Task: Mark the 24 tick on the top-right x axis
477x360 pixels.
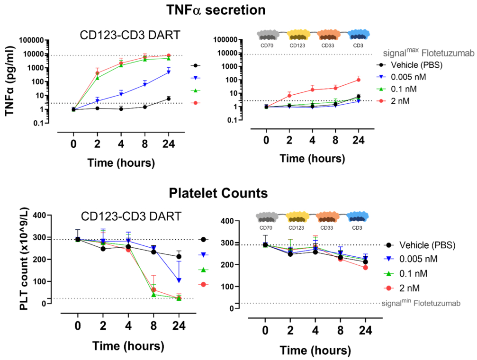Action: pyautogui.click(x=359, y=141)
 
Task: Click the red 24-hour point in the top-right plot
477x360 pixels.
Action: pyautogui.click(x=359, y=80)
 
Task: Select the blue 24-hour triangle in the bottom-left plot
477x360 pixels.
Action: pyautogui.click(x=179, y=280)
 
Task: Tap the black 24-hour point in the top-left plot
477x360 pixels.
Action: pyautogui.click(x=169, y=99)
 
